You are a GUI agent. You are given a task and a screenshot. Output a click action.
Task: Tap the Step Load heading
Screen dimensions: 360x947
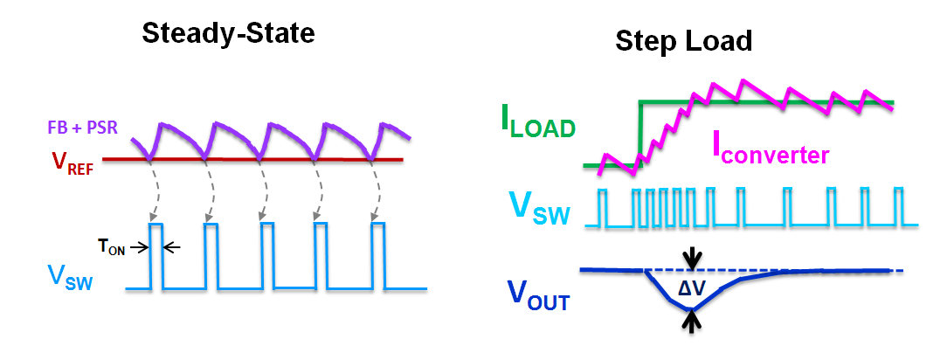684,40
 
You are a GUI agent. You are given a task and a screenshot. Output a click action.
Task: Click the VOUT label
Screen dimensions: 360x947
538,297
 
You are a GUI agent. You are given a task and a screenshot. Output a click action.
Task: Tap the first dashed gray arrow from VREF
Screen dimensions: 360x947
152,192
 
